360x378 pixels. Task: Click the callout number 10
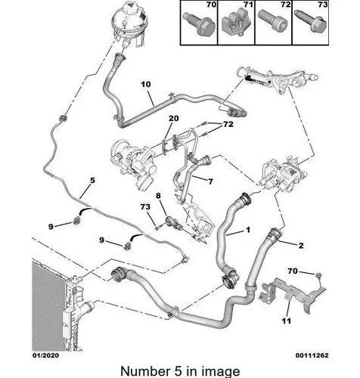[x=146, y=84]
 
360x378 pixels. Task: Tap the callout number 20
[x=173, y=118]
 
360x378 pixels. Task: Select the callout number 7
[x=210, y=181]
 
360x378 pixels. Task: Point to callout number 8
[x=158, y=196]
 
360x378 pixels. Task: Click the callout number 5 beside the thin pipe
[x=92, y=181]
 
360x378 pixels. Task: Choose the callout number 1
[x=248, y=230]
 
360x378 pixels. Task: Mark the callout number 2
[x=301, y=245]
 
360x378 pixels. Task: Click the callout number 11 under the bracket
[x=287, y=321]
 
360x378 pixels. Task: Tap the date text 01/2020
[x=45, y=355]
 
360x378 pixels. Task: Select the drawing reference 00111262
[x=312, y=355]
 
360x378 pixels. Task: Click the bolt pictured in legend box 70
[x=199, y=24]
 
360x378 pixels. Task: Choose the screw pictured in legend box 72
[x=274, y=21]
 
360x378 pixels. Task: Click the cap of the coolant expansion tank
[x=132, y=7]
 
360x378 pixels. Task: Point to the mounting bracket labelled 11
[x=293, y=295]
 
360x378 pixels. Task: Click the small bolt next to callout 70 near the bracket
[x=318, y=275]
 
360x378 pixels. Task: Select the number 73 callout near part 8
[x=145, y=206]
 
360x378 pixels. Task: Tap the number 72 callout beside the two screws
[x=228, y=124]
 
